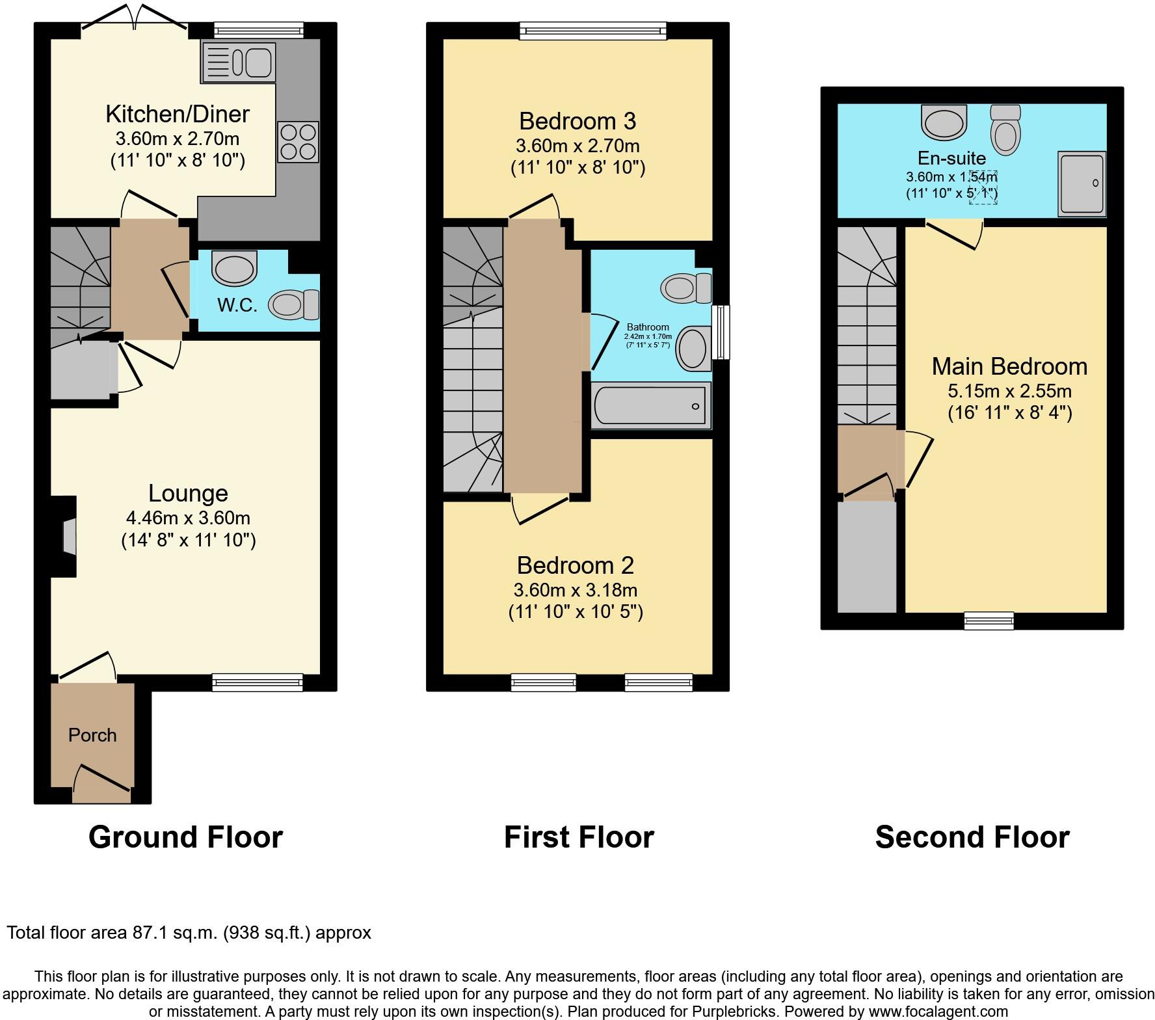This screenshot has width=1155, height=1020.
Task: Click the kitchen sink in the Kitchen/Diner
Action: pyautogui.click(x=239, y=62)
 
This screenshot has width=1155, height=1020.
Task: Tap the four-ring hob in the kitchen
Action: pyautogui.click(x=298, y=142)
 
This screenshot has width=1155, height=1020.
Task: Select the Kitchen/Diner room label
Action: pyautogui.click(x=177, y=114)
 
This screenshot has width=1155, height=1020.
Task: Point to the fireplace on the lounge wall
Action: pyautogui.click(x=68, y=537)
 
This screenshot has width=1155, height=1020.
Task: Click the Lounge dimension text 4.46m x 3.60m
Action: pyautogui.click(x=188, y=518)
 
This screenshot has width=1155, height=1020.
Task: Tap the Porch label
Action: pyautogui.click(x=92, y=735)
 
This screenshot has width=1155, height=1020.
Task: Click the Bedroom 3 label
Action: pyautogui.click(x=577, y=121)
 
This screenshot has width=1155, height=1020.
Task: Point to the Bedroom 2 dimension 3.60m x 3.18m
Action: pyautogui.click(x=576, y=590)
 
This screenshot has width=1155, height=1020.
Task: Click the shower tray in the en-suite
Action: pyautogui.click(x=1082, y=183)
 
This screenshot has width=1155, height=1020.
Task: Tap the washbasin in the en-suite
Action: pyautogui.click(x=944, y=122)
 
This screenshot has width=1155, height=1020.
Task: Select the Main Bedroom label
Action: pyautogui.click(x=1009, y=366)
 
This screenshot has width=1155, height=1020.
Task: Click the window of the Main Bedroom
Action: pyautogui.click(x=989, y=621)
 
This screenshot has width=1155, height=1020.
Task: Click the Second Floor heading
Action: pyautogui.click(x=972, y=837)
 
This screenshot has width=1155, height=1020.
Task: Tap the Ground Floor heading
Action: pyautogui.click(x=185, y=837)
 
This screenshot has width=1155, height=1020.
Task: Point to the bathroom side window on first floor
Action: pyautogui.click(x=720, y=332)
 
